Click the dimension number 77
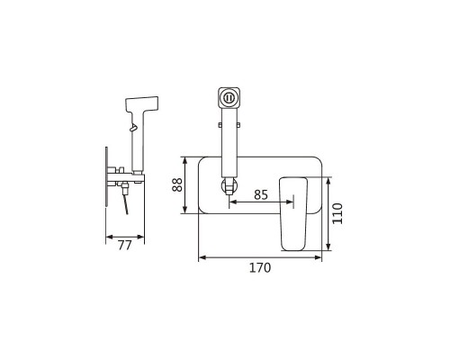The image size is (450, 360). coord(124,246)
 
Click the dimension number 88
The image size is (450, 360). coord(177,184)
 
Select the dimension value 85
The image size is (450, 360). coord(260,194)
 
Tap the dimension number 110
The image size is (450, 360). coord(337,213)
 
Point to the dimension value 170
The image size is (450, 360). coord(260,267)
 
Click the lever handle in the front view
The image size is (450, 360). coord(293,214)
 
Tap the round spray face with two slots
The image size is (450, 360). coord(229,97)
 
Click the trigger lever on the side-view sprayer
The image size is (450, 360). coord(133,128)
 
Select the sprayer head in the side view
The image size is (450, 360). coord(141,104)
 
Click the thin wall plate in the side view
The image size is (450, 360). coord(106,176)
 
